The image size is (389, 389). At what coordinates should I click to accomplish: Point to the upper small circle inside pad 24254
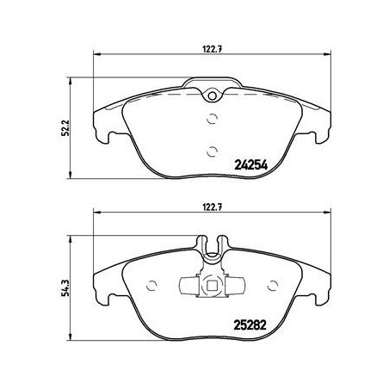tap(211, 120)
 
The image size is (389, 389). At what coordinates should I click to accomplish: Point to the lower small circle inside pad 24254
tap(211, 151)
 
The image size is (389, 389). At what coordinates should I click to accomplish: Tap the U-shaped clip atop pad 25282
tap(211, 250)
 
